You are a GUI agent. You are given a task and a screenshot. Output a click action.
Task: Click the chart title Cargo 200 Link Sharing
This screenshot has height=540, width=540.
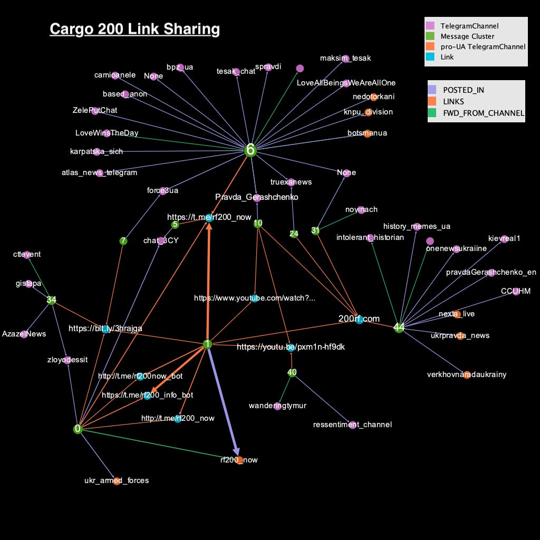click(134, 29)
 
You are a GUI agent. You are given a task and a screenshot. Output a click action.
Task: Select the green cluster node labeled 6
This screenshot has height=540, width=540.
click(250, 150)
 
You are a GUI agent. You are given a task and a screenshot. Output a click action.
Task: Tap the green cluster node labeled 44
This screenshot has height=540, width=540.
click(399, 327)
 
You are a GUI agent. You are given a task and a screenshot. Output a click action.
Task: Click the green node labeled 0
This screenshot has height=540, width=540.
click(78, 429)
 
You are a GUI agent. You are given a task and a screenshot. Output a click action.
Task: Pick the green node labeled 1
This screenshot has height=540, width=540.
click(207, 344)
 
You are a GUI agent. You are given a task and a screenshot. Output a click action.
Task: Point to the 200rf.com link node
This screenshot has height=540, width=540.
click(359, 319)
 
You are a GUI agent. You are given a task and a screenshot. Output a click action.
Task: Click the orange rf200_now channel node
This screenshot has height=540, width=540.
click(239, 460)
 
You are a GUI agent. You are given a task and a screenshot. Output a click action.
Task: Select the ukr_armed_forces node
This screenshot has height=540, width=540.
click(117, 480)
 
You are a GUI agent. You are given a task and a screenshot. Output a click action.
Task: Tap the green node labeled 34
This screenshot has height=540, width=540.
click(51, 300)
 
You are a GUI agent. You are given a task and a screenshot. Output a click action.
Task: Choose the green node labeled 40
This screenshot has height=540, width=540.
click(292, 372)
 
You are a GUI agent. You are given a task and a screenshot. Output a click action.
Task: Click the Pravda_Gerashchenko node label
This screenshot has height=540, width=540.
click(257, 197)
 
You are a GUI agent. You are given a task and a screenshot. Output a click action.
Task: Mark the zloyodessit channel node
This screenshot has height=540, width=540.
click(67, 360)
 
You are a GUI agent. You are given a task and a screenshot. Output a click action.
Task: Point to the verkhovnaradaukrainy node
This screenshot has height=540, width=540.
click(467, 375)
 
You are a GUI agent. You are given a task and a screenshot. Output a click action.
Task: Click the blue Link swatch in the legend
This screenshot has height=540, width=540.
click(430, 57)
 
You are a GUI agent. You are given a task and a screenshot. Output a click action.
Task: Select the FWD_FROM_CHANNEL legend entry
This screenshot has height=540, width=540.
click(483, 113)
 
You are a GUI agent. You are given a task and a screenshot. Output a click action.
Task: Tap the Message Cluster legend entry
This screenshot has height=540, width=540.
click(467, 36)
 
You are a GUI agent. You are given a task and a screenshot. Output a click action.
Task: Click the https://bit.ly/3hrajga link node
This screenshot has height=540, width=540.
click(106, 329)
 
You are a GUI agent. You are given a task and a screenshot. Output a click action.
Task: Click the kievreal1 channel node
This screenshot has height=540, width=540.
click(504, 239)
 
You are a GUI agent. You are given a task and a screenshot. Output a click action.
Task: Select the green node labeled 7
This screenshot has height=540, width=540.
click(123, 241)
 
